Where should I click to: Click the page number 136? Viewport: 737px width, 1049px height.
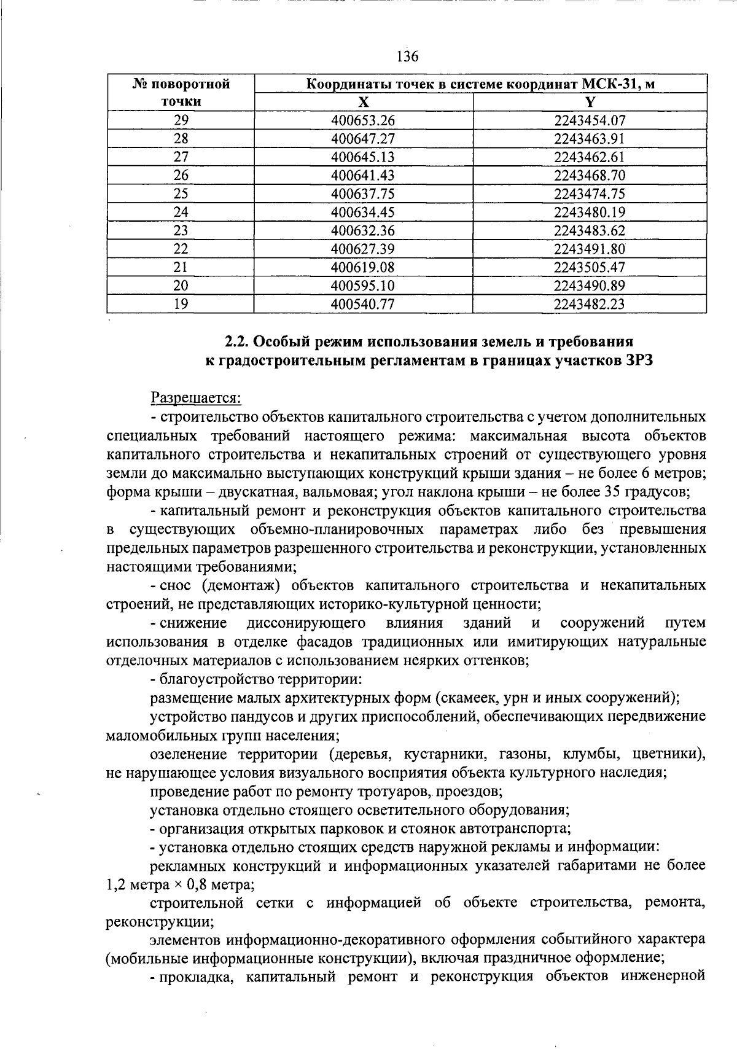coord(407,57)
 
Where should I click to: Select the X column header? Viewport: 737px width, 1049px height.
coord(364,102)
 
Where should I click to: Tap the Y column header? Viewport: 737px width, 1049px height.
coord(590,102)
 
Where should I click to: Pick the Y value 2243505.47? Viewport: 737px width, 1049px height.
coord(590,268)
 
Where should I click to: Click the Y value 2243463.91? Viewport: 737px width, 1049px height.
coord(590,139)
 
